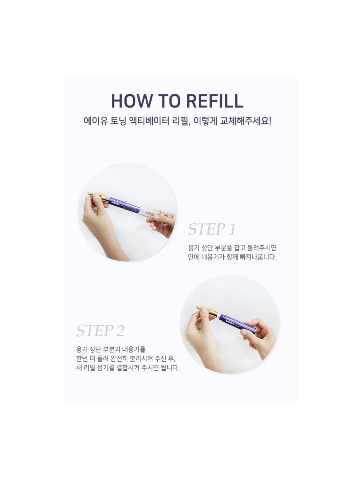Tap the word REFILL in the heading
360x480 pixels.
(x=215, y=101)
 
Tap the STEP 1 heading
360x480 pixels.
(x=212, y=229)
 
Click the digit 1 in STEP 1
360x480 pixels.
(x=232, y=229)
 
